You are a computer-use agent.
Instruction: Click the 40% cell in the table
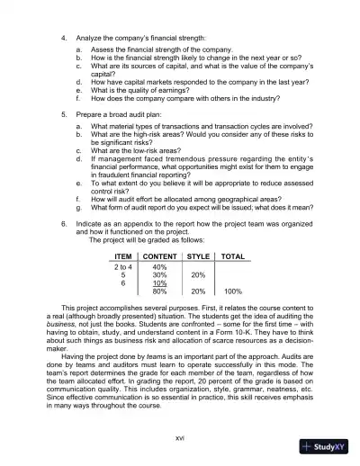tap(159, 266)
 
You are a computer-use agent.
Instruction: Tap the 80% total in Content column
tap(159, 291)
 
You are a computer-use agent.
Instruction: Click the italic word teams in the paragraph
tap(158, 358)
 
